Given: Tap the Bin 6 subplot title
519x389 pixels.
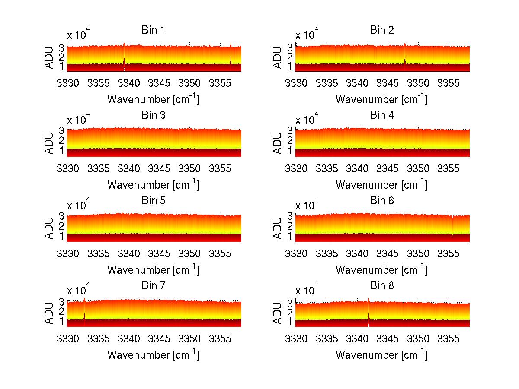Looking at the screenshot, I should pos(381,201).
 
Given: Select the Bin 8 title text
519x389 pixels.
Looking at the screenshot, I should pos(381,286).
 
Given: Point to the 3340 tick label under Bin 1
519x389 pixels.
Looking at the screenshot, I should pos(129,82).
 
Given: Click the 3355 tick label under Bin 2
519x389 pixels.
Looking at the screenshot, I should pos(449,82).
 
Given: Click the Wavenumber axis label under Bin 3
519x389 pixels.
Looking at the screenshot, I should pos(153,184).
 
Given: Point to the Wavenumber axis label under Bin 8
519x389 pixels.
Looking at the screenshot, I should pos(381,355).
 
